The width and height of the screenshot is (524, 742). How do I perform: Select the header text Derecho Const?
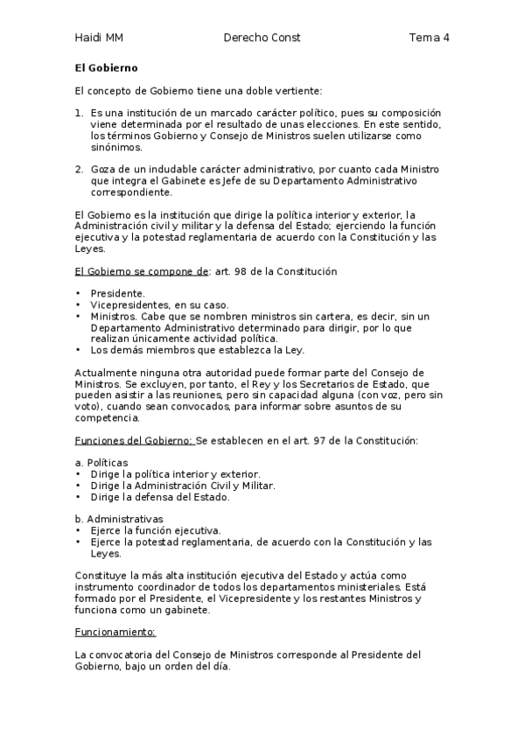click(x=262, y=38)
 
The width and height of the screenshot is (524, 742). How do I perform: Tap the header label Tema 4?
click(x=429, y=38)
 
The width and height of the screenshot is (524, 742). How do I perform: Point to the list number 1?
click(x=79, y=114)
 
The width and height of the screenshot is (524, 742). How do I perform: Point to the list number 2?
click(x=79, y=169)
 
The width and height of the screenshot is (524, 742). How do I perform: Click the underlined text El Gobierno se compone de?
click(x=142, y=271)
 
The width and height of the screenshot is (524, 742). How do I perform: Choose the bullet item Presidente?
click(x=118, y=294)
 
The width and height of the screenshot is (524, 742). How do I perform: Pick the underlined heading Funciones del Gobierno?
click(x=134, y=439)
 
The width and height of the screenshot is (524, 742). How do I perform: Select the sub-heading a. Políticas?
click(x=101, y=462)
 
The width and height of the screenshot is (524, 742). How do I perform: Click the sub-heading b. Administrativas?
click(x=119, y=519)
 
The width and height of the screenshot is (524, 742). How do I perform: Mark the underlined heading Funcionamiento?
click(x=115, y=631)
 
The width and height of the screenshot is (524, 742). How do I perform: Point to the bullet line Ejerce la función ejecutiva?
click(x=156, y=530)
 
